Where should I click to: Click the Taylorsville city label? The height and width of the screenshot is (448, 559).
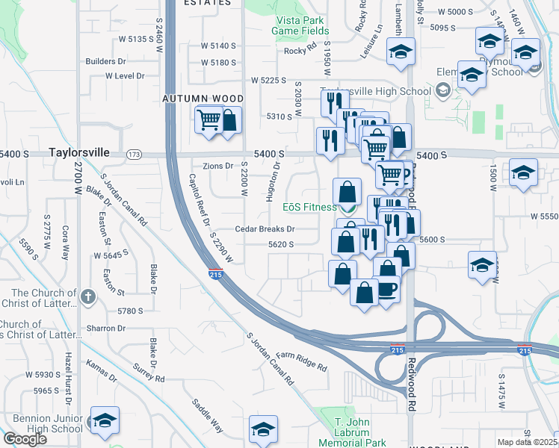(x=78, y=152)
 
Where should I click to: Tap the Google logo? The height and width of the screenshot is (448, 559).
(x=25, y=439)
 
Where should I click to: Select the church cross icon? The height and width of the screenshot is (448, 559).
(x=88, y=298)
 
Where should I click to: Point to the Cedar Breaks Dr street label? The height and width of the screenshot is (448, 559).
(x=265, y=229)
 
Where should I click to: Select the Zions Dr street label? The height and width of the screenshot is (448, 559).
(x=218, y=166)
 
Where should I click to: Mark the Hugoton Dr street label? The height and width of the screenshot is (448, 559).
(x=272, y=182)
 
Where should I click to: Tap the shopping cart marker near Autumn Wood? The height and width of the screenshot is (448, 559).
(x=209, y=119)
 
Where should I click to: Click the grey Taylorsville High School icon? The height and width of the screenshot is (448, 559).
(x=443, y=91)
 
